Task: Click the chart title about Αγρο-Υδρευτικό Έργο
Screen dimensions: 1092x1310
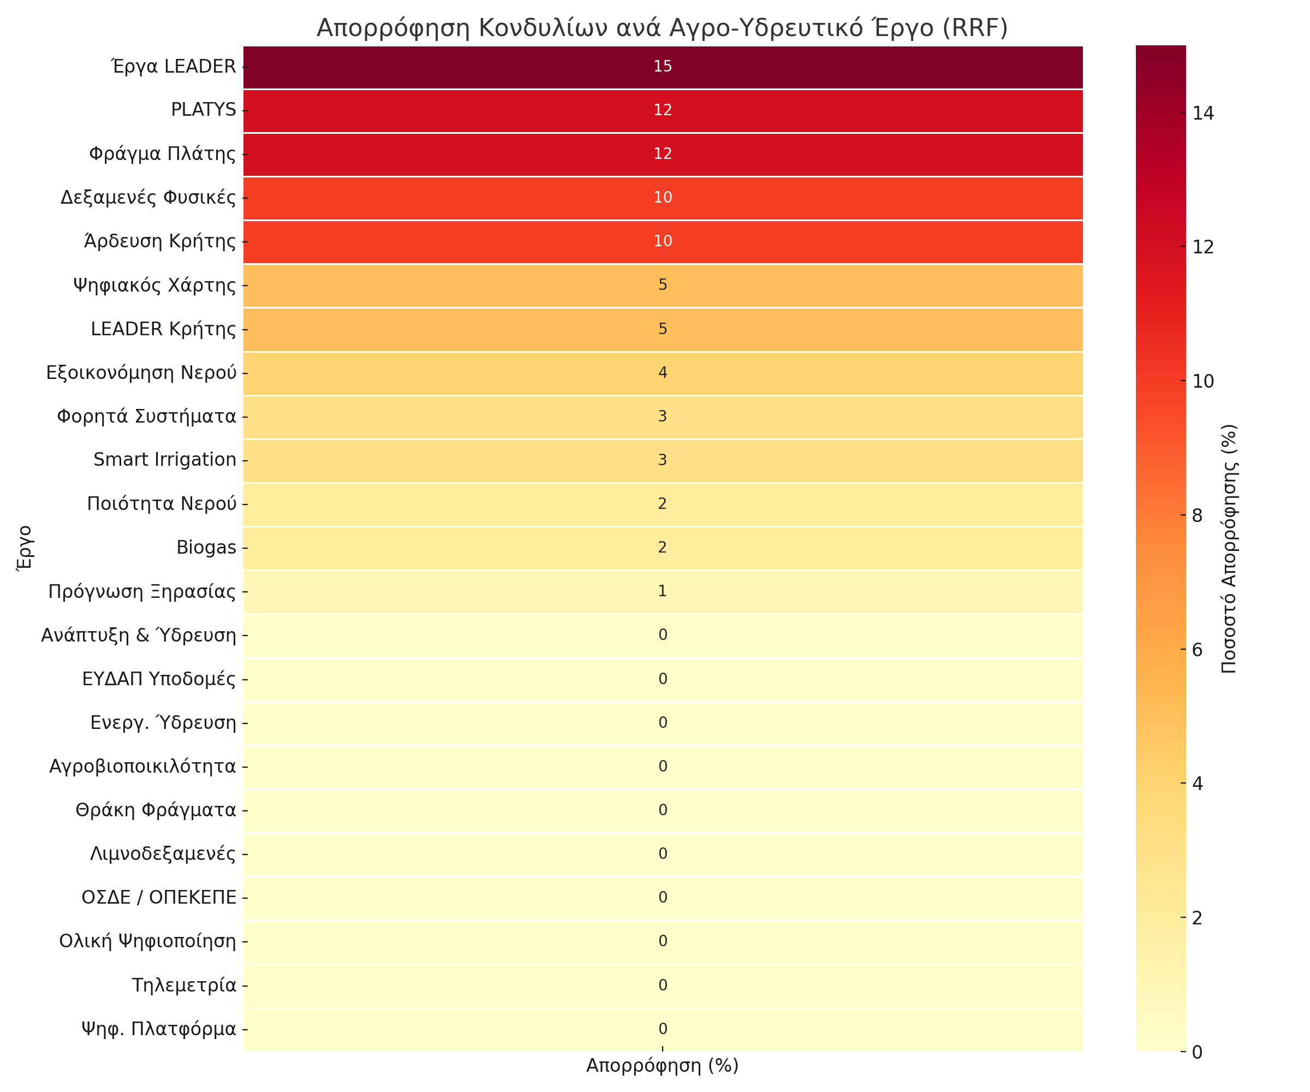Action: [662, 28]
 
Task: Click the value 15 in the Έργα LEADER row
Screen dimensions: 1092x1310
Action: [663, 66]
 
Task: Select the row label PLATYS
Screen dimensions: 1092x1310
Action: [204, 110]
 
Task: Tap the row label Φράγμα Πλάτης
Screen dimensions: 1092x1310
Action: [162, 153]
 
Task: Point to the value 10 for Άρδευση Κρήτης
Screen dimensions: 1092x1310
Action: [663, 241]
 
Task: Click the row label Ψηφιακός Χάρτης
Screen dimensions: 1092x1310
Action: [154, 285]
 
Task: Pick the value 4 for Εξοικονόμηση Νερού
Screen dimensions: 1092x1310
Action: [663, 372]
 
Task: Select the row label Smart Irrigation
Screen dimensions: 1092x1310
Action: [165, 460]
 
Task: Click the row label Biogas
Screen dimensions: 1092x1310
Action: [206, 547]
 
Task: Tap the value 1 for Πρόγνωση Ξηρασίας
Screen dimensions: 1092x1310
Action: [663, 591]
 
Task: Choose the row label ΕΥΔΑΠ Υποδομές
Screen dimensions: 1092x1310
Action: [158, 679]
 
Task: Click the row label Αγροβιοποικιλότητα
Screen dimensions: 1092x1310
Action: [142, 766]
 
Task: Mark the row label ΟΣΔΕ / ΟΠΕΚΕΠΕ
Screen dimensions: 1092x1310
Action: [158, 897]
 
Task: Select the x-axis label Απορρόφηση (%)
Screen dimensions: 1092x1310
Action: [662, 1066]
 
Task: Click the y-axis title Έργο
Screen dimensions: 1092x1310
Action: [23, 547]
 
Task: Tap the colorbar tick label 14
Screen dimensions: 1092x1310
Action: [1204, 113]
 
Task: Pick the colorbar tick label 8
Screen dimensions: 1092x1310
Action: [1197, 515]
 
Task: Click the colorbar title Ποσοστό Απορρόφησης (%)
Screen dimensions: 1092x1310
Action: [1229, 549]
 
